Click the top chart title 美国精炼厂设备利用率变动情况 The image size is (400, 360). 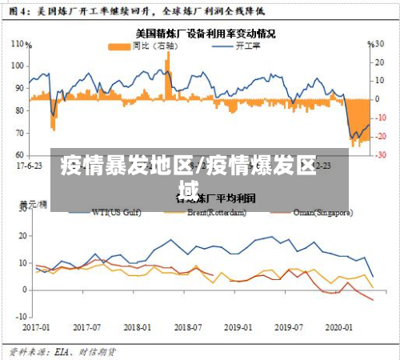tap(205, 34)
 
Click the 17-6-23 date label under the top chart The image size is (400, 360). tap(30, 166)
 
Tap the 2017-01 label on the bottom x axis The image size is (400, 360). tap(36, 327)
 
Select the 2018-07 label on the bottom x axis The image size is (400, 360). tap(189, 327)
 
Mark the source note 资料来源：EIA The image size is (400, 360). tap(62, 350)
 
